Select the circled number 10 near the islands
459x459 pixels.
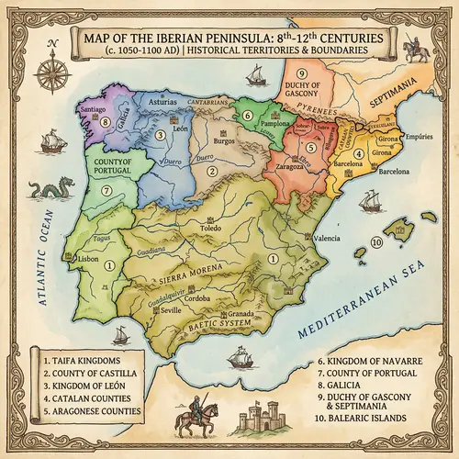(375, 242)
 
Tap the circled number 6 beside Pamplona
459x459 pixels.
(246, 118)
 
